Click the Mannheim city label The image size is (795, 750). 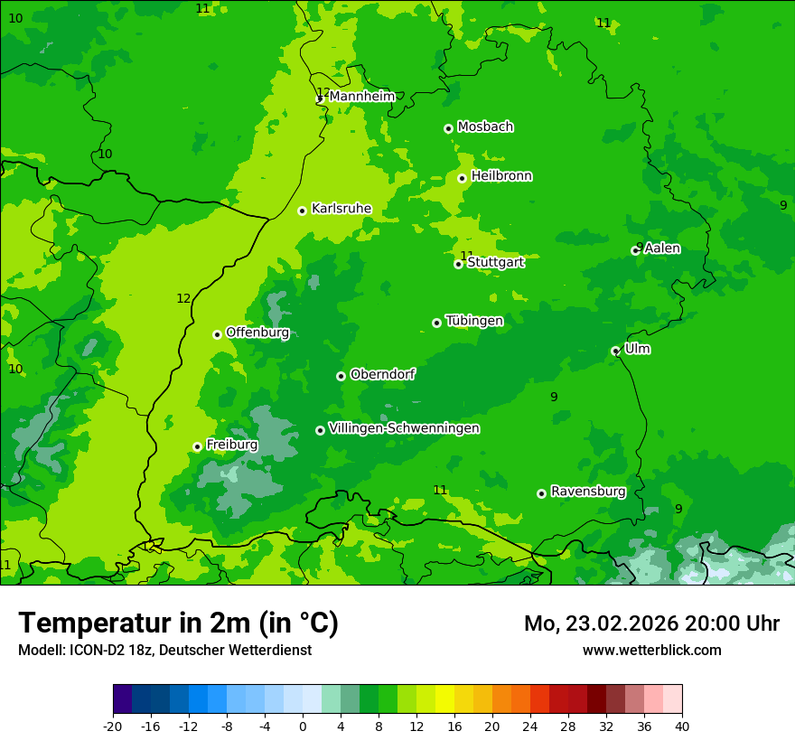(x=361, y=97)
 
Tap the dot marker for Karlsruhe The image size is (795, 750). (x=303, y=211)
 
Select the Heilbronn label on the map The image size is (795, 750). (x=501, y=176)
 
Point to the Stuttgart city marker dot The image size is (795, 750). (x=459, y=264)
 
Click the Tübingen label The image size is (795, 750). (x=474, y=321)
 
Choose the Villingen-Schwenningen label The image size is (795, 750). (x=404, y=428)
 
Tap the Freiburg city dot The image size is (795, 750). (x=197, y=446)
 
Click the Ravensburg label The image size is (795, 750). (x=588, y=492)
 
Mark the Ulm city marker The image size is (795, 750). (x=615, y=351)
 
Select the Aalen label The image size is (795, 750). (x=662, y=248)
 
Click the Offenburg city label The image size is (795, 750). (x=257, y=333)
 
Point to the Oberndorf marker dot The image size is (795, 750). (x=341, y=376)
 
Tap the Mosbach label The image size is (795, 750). (x=485, y=127)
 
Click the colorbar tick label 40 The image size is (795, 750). (x=682, y=726)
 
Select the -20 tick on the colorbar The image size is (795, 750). (x=113, y=726)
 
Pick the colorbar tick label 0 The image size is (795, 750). (x=303, y=726)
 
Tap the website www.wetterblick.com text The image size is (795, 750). (x=651, y=650)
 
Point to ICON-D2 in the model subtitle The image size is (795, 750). (x=93, y=650)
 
